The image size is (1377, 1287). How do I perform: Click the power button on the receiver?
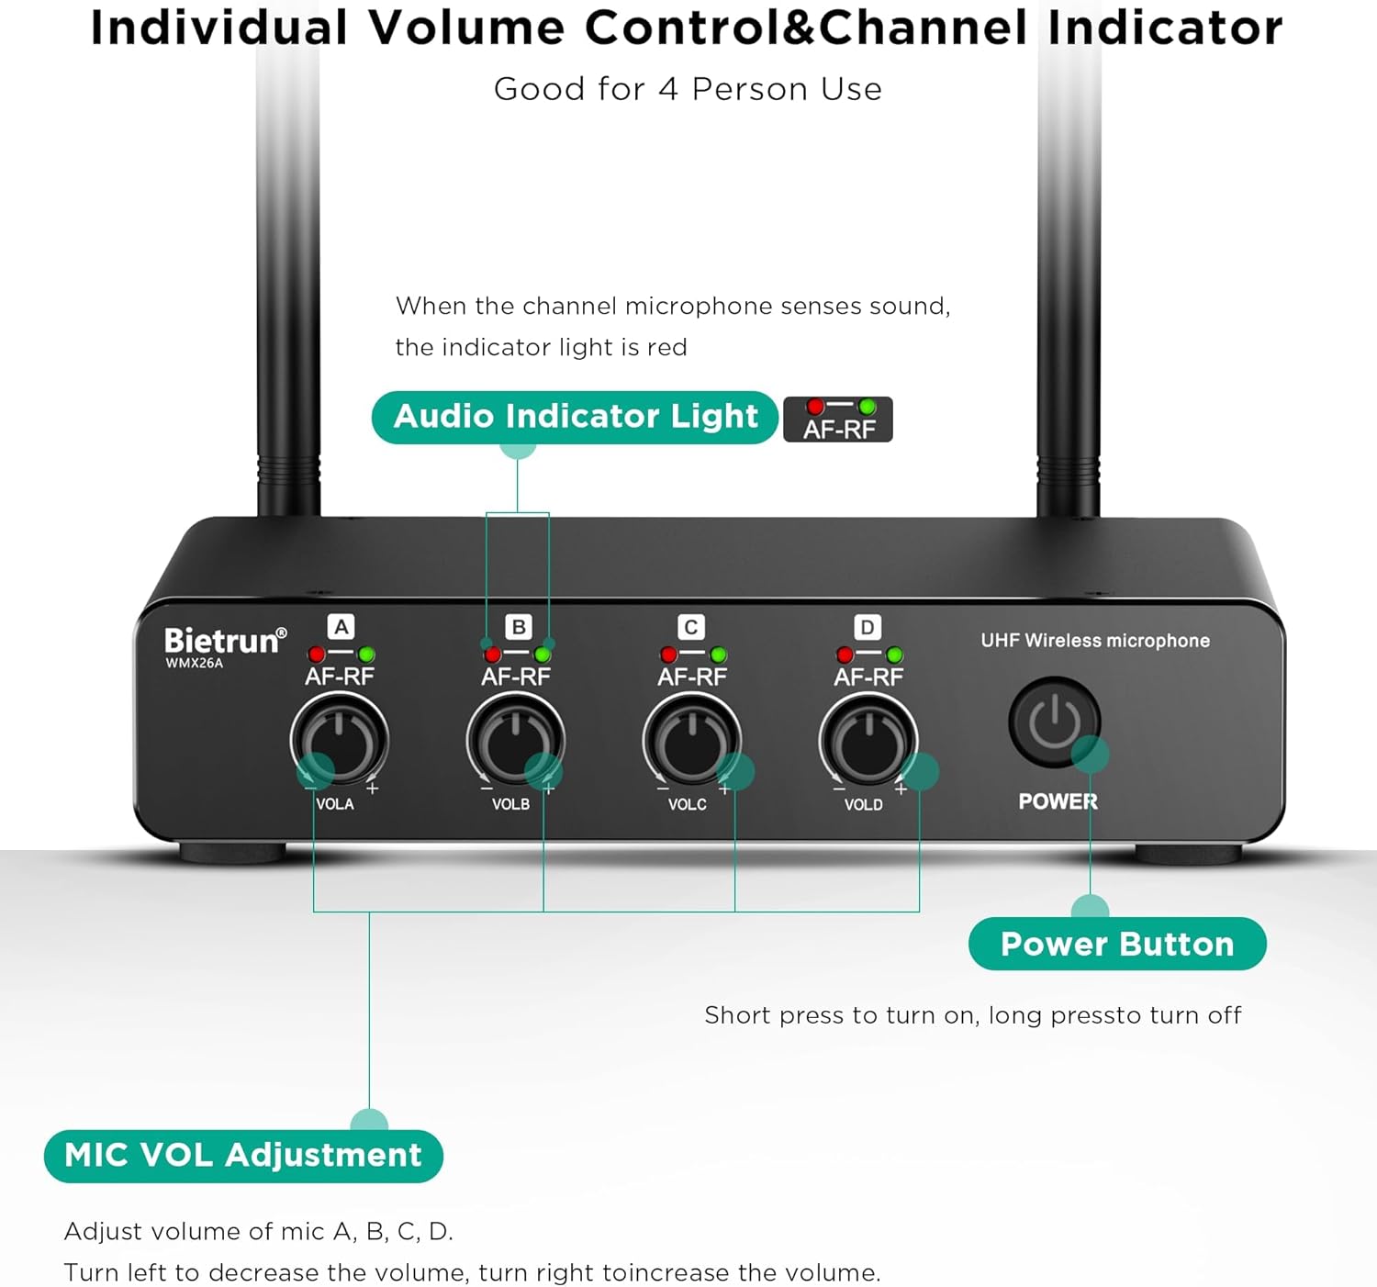[1054, 722]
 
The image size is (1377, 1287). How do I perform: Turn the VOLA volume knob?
[339, 741]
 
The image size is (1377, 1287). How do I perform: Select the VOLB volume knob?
[516, 741]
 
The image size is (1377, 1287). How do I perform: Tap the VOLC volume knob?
[692, 741]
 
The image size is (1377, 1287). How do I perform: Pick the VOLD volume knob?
[868, 741]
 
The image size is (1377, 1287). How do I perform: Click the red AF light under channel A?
[316, 654]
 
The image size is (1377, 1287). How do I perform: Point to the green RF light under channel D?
[894, 655]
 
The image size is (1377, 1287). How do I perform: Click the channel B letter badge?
[518, 627]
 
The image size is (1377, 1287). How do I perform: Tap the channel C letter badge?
[691, 627]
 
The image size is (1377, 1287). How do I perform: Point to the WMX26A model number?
[194, 663]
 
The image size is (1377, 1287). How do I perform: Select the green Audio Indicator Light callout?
[575, 418]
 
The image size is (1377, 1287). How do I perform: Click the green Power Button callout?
[1117, 944]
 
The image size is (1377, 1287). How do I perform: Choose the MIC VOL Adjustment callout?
[243, 1156]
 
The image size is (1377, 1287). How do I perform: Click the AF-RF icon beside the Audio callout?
[838, 420]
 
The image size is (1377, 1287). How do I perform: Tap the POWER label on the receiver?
[1058, 801]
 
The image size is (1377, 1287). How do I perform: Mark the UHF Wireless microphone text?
[1095, 641]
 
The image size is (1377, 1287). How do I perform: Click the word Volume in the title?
[466, 28]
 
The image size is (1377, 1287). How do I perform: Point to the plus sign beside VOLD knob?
[901, 789]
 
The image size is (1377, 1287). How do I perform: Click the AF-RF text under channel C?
[692, 677]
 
